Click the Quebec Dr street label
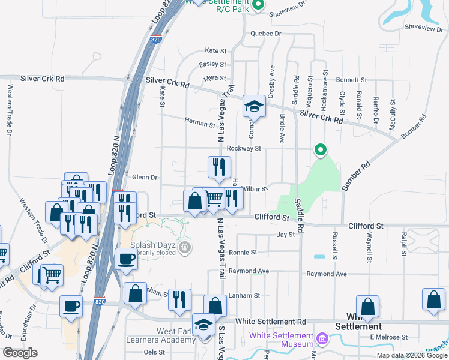[266, 34]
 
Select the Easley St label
[212, 64]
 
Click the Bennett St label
[351, 79]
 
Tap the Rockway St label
[244, 148]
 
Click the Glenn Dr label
[145, 178]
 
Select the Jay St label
[286, 235]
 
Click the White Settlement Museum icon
[322, 340]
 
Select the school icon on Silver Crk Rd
[254, 107]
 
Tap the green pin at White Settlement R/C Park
[258, 5]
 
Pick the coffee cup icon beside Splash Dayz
[126, 259]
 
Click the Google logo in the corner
[20, 353]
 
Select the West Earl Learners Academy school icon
[204, 325]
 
